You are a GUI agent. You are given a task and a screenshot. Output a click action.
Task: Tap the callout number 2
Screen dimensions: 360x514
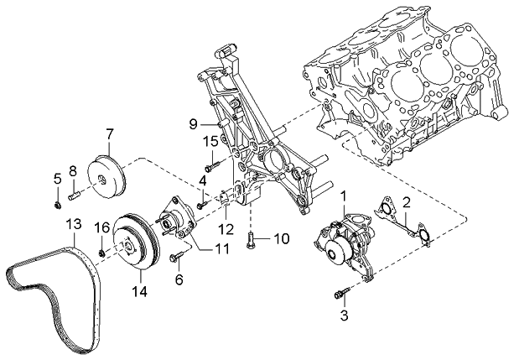click(x=406, y=201)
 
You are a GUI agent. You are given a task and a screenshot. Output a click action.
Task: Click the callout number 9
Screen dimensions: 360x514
click(x=192, y=124)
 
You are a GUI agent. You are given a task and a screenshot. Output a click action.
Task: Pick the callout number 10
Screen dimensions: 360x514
click(x=281, y=238)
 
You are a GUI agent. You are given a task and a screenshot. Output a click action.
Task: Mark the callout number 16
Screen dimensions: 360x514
click(x=101, y=227)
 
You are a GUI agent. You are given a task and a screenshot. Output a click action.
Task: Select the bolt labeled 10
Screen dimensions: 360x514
click(x=252, y=242)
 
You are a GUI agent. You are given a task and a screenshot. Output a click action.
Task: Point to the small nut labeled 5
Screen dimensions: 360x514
click(x=55, y=201)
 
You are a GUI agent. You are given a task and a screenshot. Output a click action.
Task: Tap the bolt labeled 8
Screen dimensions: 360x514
click(x=74, y=196)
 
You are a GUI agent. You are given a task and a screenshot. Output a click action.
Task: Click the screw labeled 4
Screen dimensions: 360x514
click(x=202, y=202)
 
